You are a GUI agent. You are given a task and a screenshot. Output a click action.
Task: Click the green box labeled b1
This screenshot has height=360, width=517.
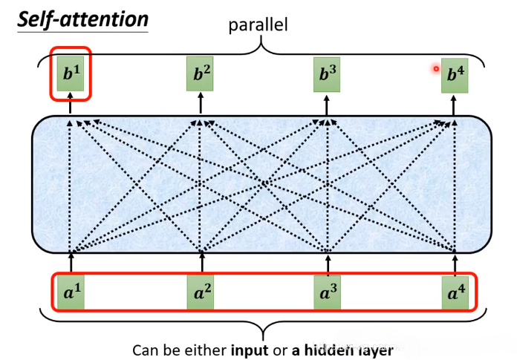click(x=70, y=74)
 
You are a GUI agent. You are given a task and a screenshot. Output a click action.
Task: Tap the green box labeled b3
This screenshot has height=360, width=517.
click(x=326, y=74)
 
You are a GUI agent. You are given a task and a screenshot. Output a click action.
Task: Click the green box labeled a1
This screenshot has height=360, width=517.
click(x=71, y=293)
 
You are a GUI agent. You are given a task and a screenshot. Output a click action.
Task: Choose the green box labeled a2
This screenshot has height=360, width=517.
click(x=201, y=293)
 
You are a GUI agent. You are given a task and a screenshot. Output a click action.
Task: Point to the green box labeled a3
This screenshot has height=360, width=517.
click(x=327, y=293)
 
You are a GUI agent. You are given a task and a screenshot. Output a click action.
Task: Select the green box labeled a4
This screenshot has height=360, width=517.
click(x=455, y=293)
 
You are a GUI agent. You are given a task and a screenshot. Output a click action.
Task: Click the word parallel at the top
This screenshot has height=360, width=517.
click(x=258, y=25)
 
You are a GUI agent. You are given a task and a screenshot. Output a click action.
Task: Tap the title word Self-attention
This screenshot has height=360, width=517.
click(x=82, y=18)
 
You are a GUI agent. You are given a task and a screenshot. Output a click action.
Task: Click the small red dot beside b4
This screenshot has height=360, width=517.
click(x=436, y=69)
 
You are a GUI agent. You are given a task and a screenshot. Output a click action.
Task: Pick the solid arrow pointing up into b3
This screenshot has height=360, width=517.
click(x=326, y=104)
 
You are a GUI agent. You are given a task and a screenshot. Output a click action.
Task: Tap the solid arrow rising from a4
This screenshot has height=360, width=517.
click(x=455, y=264)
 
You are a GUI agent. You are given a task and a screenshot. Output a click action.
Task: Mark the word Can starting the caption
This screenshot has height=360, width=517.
click(x=145, y=349)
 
